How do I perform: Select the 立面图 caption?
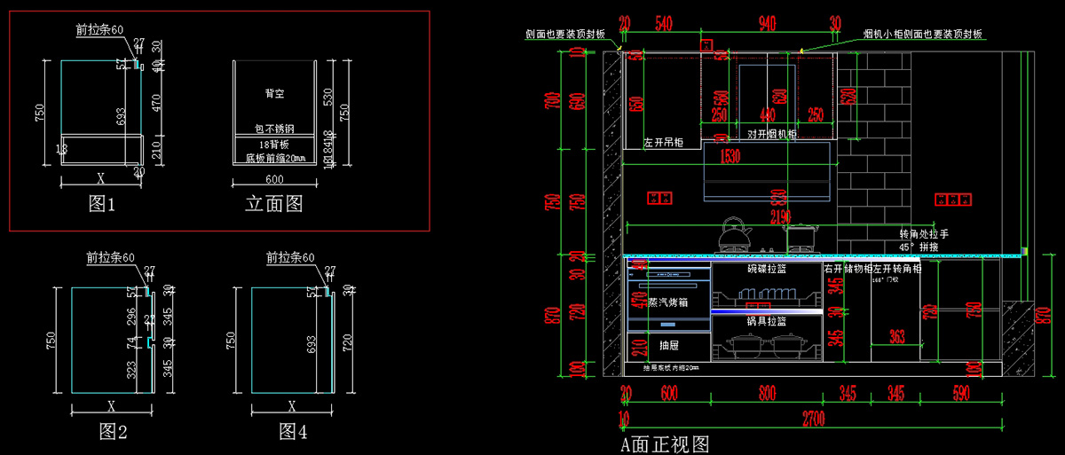(274, 204)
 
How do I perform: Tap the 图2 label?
(114, 432)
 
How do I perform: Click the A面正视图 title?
(665, 443)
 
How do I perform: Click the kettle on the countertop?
(735, 234)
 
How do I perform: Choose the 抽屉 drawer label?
(668, 345)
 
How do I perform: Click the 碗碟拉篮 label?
(768, 268)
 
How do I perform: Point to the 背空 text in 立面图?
(274, 93)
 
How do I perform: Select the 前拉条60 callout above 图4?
(290, 258)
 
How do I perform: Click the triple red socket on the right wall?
(956, 197)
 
